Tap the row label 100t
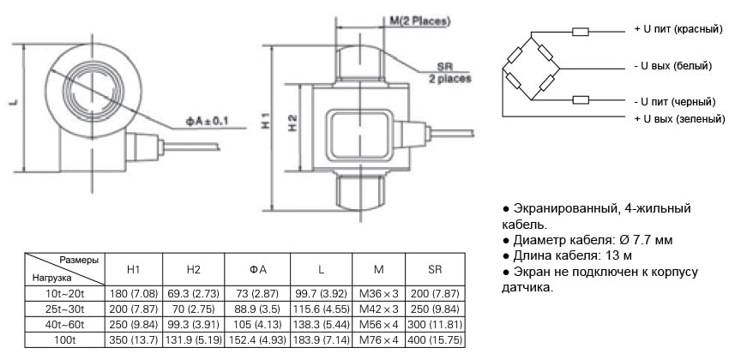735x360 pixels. tap(63, 340)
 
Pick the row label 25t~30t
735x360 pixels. tap(63, 309)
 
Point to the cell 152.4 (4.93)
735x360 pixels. tap(257, 340)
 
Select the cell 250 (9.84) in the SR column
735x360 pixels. tap(435, 309)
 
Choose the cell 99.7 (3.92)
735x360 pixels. tap(319, 293)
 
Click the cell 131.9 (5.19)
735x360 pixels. tap(194, 340)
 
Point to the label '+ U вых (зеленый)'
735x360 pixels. tap(678, 117)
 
